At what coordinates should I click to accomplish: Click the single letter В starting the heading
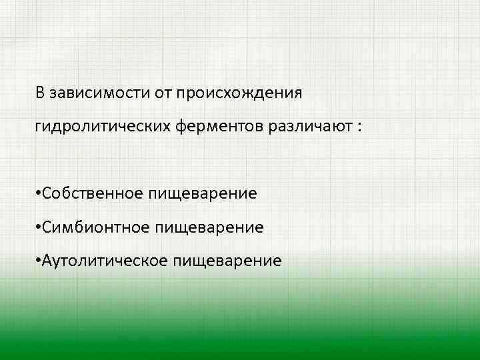pos(41,93)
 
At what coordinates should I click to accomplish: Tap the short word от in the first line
pos(164,93)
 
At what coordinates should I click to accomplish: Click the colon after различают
pos(359,127)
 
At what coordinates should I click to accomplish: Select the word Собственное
pos(92,193)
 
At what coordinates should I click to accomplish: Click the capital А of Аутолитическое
pos(47,260)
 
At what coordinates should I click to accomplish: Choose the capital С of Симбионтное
pos(47,227)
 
